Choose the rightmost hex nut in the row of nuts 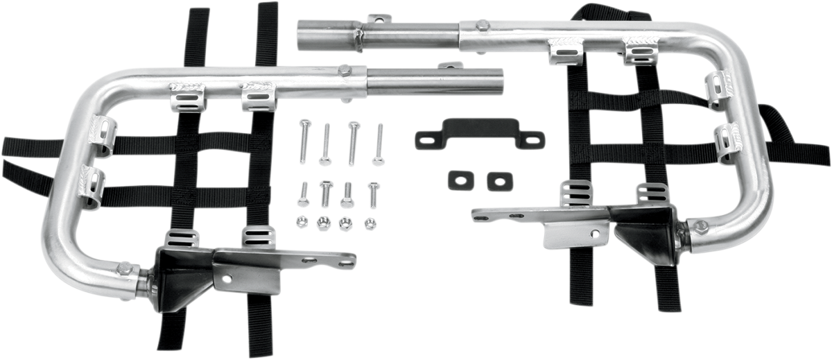[370, 223]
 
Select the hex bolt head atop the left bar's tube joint [344, 71]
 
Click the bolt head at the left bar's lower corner [124, 267]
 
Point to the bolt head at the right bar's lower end [700, 226]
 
